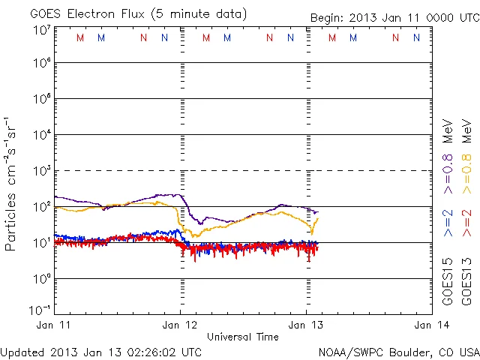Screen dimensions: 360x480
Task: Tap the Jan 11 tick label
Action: pos(53,324)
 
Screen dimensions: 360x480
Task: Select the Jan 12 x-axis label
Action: pos(181,324)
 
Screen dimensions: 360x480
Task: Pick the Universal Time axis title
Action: pos(242,337)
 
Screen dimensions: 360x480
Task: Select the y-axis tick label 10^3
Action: pos(41,169)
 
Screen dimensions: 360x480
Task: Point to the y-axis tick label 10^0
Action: pos(41,277)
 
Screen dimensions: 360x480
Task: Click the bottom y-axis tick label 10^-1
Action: pos(40,309)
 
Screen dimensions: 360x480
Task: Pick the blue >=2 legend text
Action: pos(448,223)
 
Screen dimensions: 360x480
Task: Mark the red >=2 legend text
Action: pos(466,223)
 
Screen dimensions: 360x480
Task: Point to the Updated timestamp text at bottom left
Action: pos(101,352)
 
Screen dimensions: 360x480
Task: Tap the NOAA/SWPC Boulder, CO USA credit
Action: pos(398,352)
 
